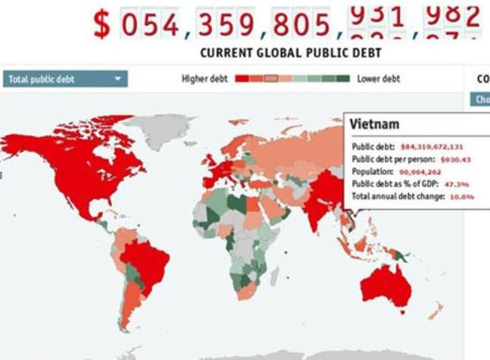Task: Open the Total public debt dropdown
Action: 65,79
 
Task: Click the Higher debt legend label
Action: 205,79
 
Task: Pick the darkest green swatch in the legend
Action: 344,79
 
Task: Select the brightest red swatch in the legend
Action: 242,79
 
